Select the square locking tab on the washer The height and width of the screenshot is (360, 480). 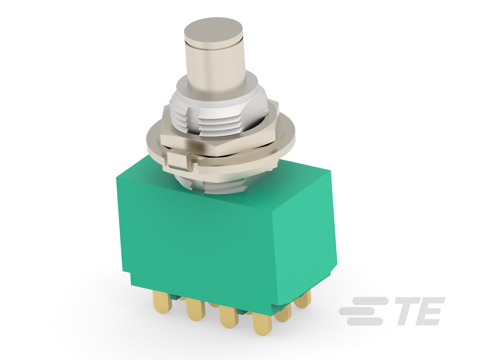(x=178, y=161)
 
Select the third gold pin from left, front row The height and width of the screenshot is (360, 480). (x=228, y=316)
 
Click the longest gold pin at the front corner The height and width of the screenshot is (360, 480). (x=262, y=323)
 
